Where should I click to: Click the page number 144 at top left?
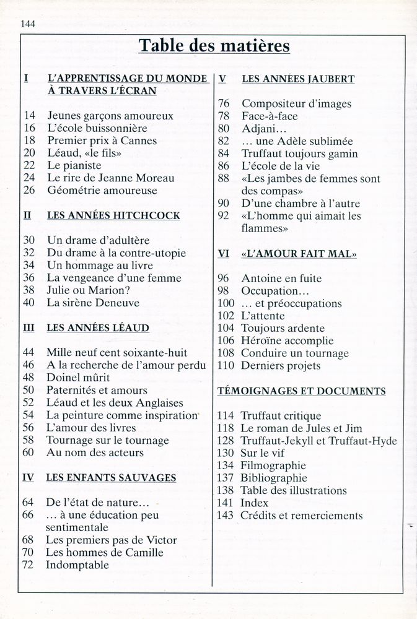click(29, 24)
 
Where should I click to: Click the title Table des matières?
click(214, 46)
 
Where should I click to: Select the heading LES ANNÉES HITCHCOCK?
click(113, 215)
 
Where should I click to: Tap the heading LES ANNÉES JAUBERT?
click(297, 79)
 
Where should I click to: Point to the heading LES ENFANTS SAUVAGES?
click(112, 478)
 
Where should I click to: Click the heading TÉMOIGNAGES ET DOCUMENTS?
click(301, 391)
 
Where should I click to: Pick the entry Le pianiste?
click(74, 165)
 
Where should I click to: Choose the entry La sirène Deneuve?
click(93, 303)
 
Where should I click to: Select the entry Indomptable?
click(77, 565)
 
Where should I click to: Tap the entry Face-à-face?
click(270, 116)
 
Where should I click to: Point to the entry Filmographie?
click(274, 465)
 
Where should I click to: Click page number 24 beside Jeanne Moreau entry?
click(29, 178)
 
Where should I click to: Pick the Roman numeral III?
click(29, 328)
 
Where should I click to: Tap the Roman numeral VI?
click(224, 253)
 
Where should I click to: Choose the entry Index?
click(255, 503)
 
